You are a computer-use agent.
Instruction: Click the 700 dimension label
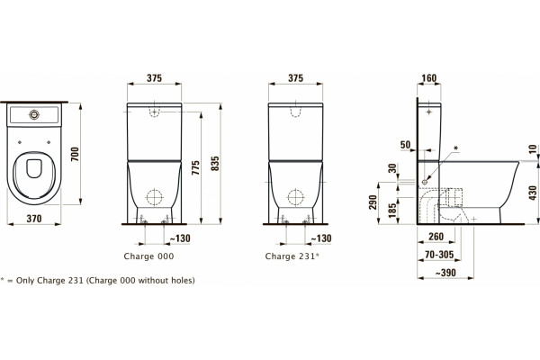(x=75, y=154)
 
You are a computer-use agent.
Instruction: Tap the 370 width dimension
(x=34, y=219)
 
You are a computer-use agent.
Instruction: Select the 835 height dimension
(x=215, y=164)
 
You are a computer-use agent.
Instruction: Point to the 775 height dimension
(x=195, y=167)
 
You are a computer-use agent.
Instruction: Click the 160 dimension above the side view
(x=429, y=78)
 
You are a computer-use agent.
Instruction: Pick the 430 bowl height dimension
(x=533, y=193)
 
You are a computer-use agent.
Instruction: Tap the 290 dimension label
(x=373, y=202)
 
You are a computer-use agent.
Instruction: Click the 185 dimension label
(x=391, y=211)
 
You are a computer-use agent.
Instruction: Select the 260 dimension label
(x=436, y=237)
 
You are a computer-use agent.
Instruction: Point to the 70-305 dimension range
(x=439, y=255)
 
